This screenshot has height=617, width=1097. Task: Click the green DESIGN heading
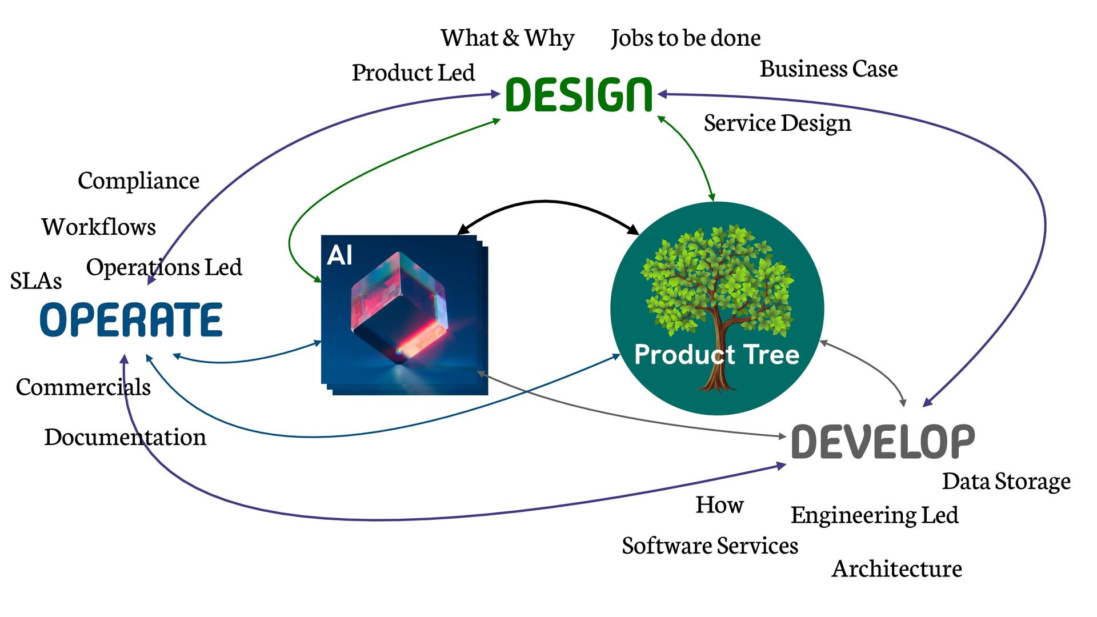(x=579, y=95)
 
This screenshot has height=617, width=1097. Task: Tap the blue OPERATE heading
(x=131, y=320)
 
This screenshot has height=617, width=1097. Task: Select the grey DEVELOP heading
(x=883, y=442)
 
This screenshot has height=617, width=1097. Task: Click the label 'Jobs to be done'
(x=686, y=38)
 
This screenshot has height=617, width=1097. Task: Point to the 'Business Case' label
(x=828, y=69)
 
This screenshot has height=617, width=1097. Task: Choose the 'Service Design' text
(x=777, y=123)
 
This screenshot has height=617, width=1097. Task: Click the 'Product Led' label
(x=413, y=73)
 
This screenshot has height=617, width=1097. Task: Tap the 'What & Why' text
(x=507, y=38)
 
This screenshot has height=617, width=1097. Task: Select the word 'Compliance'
(x=138, y=181)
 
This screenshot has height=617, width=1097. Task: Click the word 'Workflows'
(x=98, y=227)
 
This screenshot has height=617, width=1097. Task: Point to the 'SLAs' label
(x=36, y=281)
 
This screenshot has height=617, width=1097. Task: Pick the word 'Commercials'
(x=83, y=387)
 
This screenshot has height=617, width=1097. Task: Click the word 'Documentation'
(x=125, y=437)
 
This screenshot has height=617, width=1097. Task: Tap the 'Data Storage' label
(x=1006, y=481)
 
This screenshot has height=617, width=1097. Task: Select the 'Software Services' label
(x=710, y=546)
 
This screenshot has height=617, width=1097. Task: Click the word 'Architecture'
(x=896, y=568)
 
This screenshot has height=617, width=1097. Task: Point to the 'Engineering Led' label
(x=874, y=515)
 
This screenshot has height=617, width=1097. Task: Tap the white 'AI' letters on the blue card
(x=339, y=255)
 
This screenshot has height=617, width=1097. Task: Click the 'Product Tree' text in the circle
(x=716, y=355)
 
